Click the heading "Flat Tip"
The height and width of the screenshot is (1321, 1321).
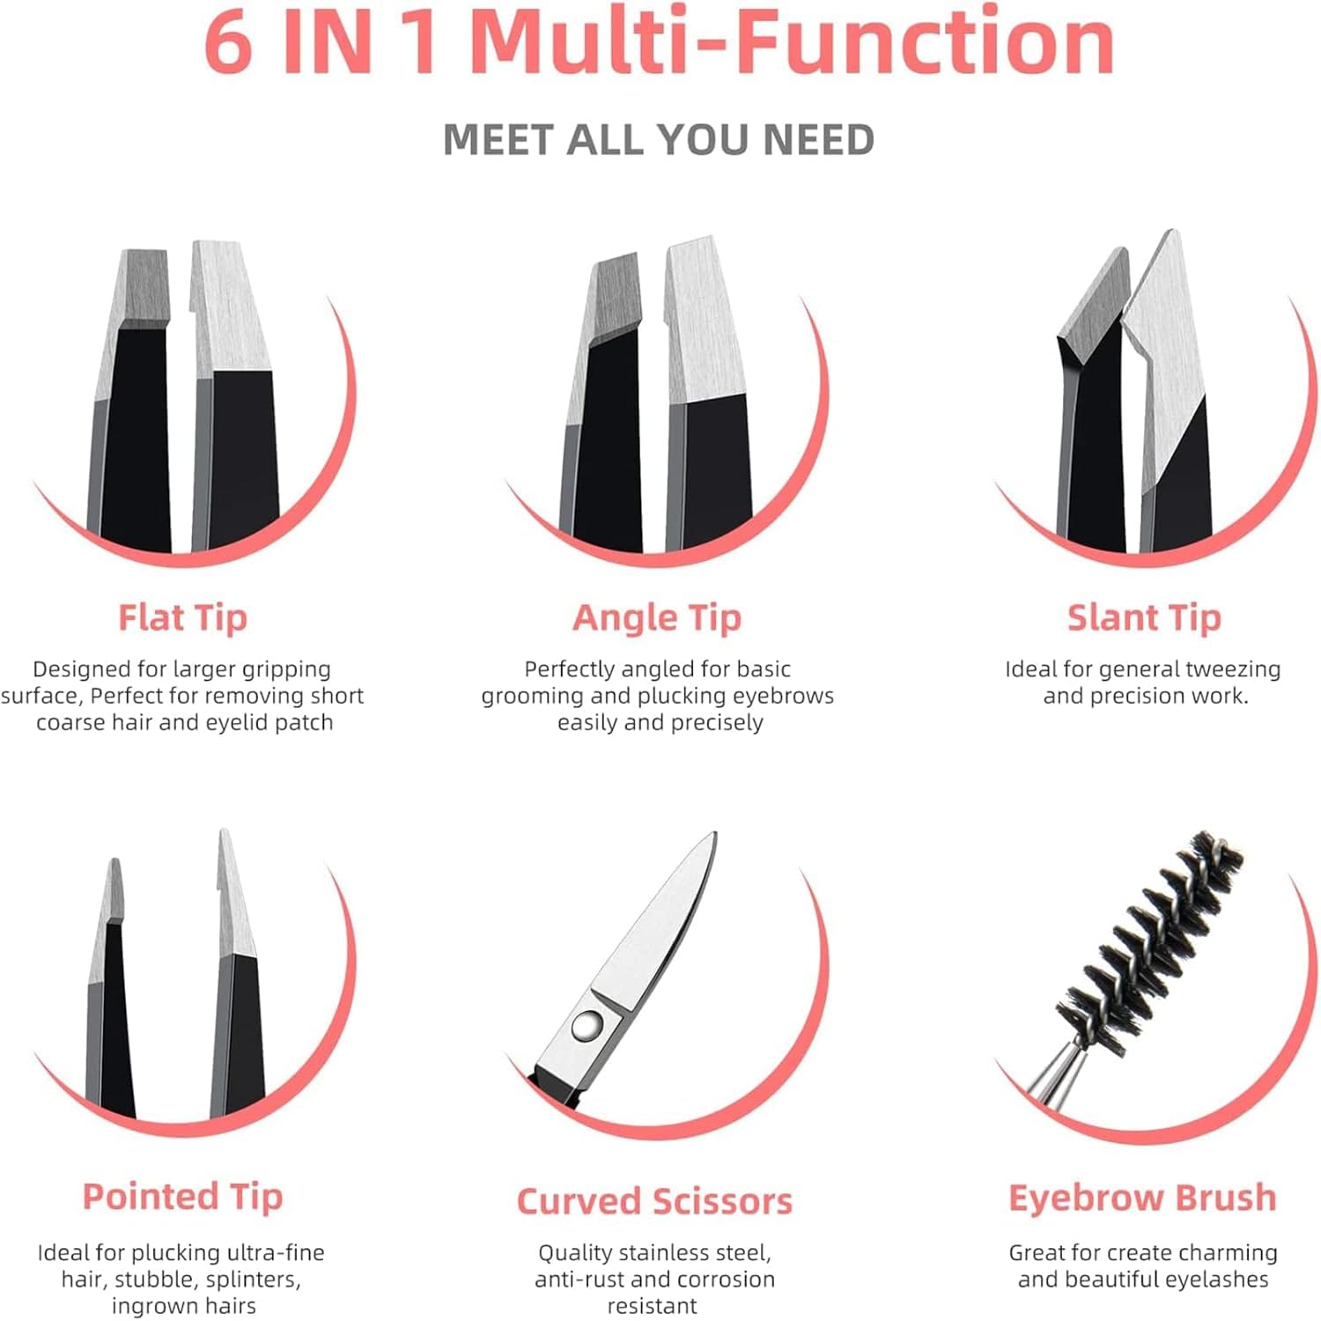pos(182,617)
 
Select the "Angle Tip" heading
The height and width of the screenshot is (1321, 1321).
pos(657,617)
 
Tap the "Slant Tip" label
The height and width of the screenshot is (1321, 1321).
pos(1144,617)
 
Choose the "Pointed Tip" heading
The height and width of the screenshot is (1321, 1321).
pos(182,1197)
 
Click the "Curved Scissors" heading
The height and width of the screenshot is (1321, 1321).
pos(654,1201)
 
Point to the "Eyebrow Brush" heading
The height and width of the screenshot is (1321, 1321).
pos(1142,1198)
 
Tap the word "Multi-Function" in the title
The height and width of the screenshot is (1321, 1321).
pos(793,42)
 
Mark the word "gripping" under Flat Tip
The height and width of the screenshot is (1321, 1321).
pos(286,669)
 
